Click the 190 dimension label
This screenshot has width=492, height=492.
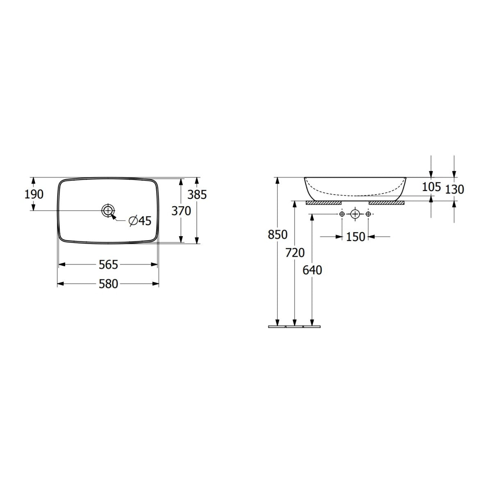(34, 194)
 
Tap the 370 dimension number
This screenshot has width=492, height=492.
(181, 211)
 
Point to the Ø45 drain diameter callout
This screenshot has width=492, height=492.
(140, 221)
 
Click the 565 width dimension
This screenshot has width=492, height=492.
(108, 265)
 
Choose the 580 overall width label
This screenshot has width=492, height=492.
(108, 284)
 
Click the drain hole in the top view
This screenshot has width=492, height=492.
(107, 210)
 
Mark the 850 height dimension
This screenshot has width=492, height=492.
(278, 235)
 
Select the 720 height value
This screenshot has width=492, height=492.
(295, 253)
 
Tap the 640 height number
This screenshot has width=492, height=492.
(312, 270)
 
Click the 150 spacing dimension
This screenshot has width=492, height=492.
(355, 237)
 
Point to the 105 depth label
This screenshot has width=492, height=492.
(431, 187)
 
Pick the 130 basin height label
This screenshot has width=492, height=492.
(455, 189)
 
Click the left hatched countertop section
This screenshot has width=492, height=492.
(324, 203)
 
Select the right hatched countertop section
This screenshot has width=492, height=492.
(386, 203)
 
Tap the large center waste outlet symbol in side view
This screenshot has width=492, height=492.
(355, 214)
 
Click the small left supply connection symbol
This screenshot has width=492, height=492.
(342, 214)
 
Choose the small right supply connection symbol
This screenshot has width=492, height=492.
(368, 214)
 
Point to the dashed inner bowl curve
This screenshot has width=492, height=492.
(355, 194)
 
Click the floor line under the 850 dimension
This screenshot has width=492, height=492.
(277, 327)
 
